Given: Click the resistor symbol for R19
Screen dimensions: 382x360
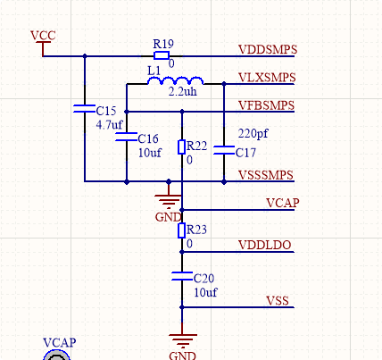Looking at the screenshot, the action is (162, 55).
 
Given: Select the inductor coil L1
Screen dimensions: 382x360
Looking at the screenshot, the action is (176, 80).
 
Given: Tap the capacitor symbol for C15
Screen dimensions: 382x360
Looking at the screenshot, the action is (85, 109).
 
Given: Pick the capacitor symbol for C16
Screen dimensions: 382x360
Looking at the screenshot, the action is (127, 137).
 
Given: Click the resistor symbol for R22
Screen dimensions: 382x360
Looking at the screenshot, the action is (182, 147).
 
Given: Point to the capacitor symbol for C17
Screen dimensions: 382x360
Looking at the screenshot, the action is (224, 150).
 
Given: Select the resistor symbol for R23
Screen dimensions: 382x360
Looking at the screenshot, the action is (182, 230).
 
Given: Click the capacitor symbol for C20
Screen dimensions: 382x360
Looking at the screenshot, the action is (182, 276).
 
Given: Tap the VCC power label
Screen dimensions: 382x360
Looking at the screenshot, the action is (43, 36).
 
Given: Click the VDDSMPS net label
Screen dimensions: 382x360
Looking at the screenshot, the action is (268, 49).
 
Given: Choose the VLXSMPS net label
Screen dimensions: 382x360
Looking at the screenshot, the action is (267, 78).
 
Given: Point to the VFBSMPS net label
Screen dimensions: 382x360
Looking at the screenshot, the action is (267, 105).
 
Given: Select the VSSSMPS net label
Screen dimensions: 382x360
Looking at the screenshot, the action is (266, 175).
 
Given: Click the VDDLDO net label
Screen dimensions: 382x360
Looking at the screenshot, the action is (265, 245).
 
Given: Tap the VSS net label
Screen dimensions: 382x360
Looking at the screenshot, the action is (278, 300).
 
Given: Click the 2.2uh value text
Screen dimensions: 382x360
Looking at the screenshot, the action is (183, 91).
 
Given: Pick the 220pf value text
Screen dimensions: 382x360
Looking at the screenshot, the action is (253, 134).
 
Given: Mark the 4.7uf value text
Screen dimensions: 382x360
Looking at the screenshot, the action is (109, 124).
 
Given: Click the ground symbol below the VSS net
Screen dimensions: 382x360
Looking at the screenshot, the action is (183, 340).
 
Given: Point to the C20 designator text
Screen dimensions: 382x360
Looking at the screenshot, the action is (203, 279).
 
